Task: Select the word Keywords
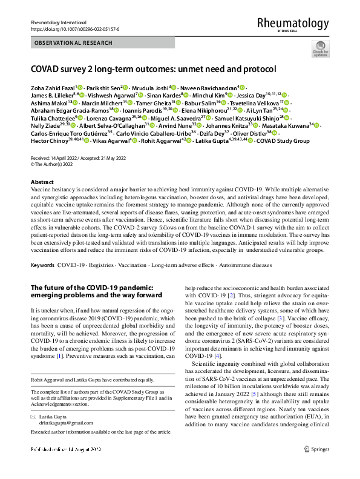[x=42, y=265]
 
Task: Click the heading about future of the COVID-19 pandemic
[x=97, y=291]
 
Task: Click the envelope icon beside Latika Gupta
[x=34, y=417]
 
